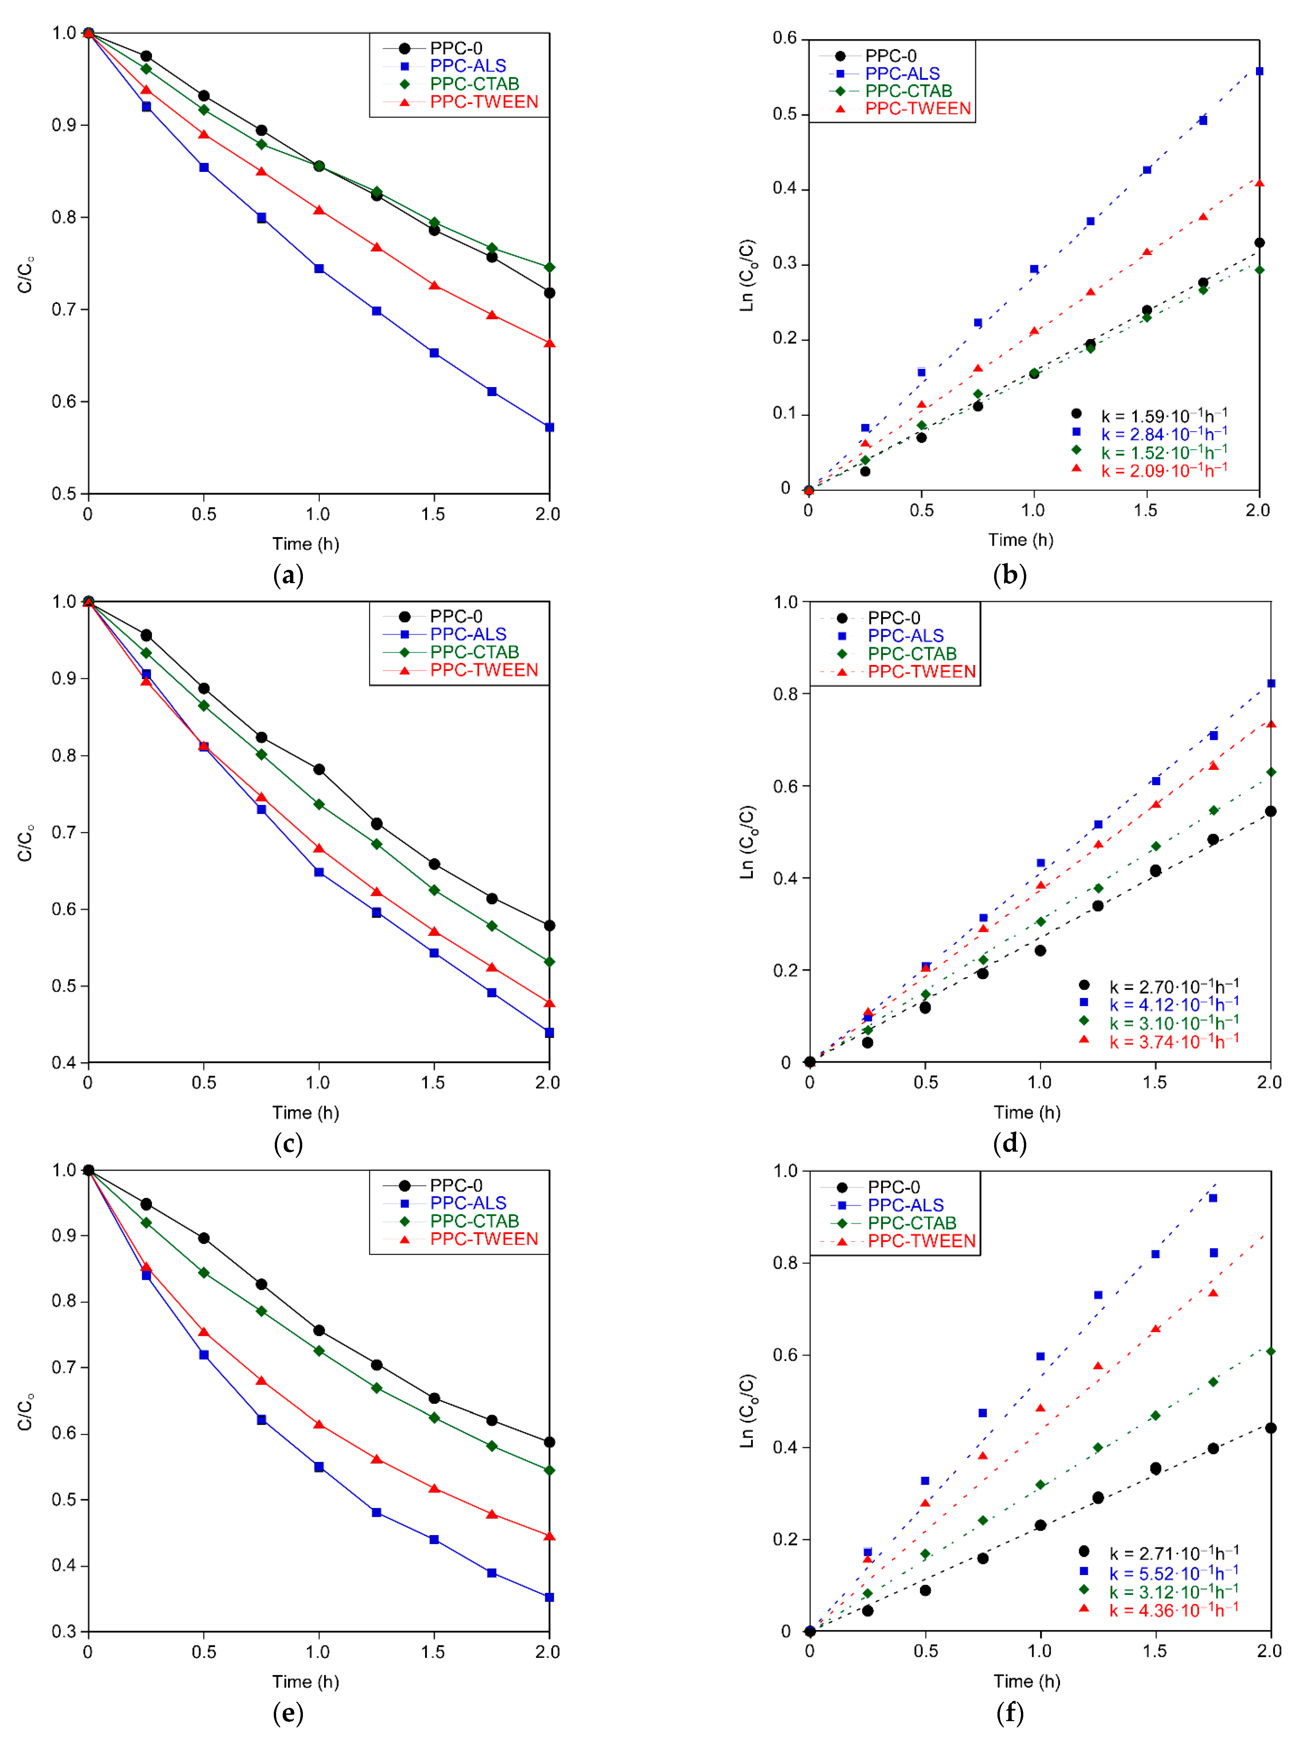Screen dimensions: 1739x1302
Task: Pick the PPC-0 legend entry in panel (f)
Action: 893,1187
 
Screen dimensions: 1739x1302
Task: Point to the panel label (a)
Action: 288,575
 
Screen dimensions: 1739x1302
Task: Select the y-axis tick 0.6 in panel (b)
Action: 784,38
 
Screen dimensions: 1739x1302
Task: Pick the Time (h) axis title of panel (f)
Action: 1027,1681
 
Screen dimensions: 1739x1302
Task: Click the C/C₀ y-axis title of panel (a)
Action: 26,273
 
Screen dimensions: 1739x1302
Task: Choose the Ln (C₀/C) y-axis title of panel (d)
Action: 747,841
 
